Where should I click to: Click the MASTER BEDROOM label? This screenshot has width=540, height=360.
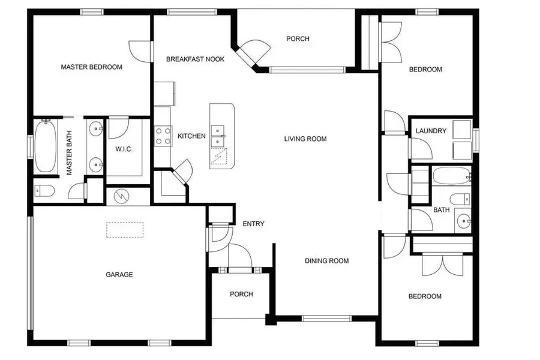tap(91, 67)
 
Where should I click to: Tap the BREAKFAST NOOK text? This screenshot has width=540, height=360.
tap(195, 59)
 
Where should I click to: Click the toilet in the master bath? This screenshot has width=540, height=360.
tap(44, 191)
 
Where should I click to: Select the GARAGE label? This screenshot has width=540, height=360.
tap(119, 275)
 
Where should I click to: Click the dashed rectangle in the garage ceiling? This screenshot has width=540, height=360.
tap(125, 230)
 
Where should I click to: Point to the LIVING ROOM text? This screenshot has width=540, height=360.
tap(305, 139)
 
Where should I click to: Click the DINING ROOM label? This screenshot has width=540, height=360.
tap(326, 261)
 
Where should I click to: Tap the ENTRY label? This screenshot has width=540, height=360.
tap(253, 224)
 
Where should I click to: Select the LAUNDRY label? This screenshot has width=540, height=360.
tap(431, 131)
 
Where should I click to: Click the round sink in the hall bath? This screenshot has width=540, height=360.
tap(463, 221)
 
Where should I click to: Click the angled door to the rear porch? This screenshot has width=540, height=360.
tap(252, 54)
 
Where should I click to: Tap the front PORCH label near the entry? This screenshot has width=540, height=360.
tap(241, 294)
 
